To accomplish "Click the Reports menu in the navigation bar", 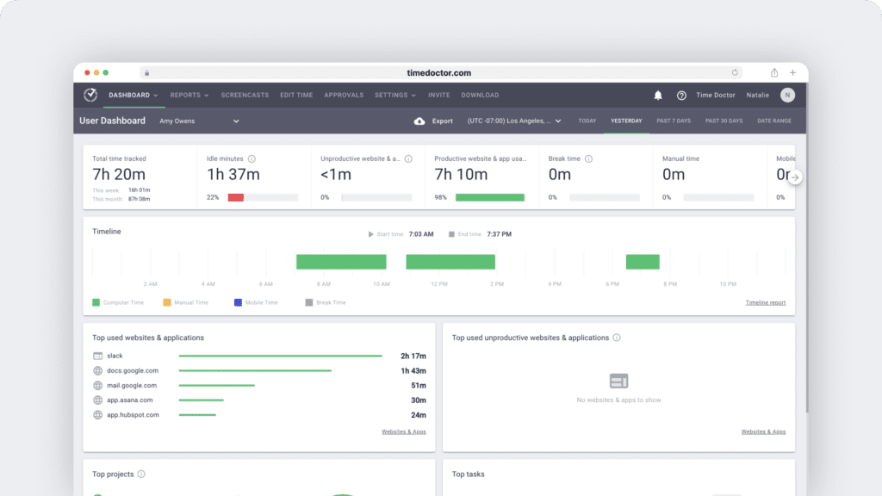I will point(189,96).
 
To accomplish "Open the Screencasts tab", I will point(245,96).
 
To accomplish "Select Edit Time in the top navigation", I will point(296,96).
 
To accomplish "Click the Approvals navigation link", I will point(344,96).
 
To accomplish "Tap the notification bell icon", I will point(658,96).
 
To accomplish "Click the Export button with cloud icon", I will point(433,121).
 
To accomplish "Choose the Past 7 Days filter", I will point(674,121).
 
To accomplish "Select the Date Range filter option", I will point(773,121).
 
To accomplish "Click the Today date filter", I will point(587,121).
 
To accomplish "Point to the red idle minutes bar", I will point(235,197).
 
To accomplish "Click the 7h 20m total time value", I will point(119,175).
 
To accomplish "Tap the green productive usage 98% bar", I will point(489,197).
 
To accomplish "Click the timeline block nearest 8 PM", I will point(642,262).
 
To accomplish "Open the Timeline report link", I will point(765,303).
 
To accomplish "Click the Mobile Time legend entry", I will point(256,303).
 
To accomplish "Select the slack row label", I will point(115,356).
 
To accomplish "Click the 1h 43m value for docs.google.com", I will point(413,370).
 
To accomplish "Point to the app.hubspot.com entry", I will point(133,415).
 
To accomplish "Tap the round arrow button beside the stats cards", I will point(795,177).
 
